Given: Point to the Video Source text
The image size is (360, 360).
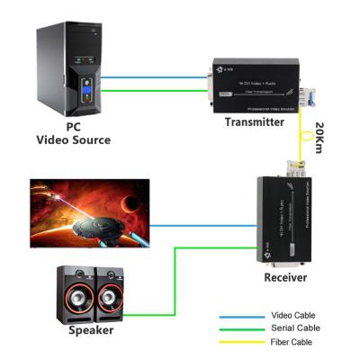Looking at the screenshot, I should tap(73, 140).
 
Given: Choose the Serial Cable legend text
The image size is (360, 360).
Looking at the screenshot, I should tap(295, 328).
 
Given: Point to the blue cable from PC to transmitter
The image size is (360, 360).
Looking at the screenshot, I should tap(153, 76).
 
